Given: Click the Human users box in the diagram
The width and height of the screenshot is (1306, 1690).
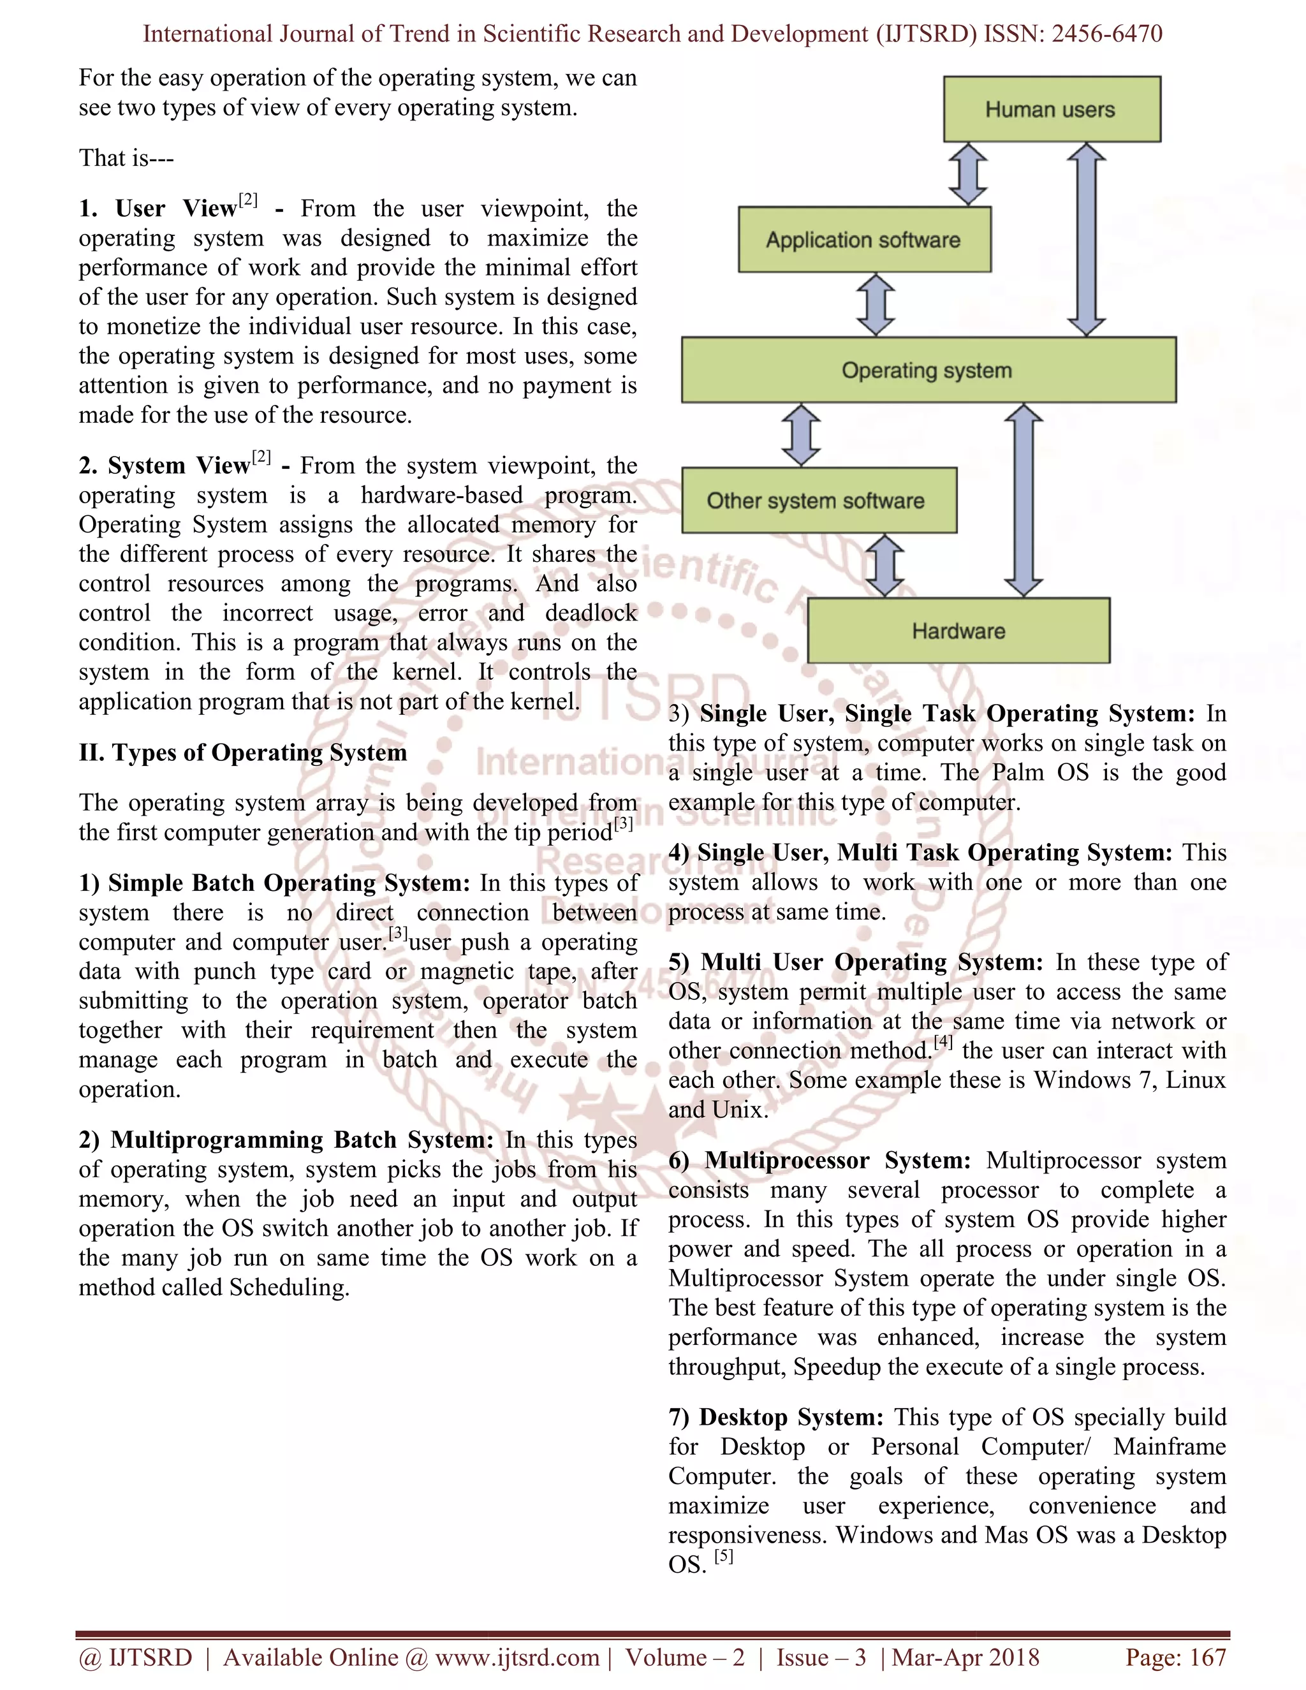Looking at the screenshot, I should [x=1052, y=109].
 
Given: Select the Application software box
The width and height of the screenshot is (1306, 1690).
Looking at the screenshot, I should [x=863, y=239].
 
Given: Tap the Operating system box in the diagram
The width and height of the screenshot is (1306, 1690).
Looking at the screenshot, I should [x=928, y=370].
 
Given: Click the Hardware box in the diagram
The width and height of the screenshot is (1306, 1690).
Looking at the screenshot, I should [x=958, y=631].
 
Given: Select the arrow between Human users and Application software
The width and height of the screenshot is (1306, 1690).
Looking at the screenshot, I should [x=968, y=174].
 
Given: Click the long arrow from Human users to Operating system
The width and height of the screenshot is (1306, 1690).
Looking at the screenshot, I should [x=1086, y=239].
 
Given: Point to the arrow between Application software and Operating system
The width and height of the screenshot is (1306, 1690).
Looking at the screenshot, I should [x=876, y=304].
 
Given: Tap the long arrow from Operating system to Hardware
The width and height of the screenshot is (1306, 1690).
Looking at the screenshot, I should [x=1024, y=500].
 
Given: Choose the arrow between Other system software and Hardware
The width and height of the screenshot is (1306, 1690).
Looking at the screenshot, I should [x=884, y=566].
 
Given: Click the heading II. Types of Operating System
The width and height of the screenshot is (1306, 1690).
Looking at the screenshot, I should [x=242, y=753].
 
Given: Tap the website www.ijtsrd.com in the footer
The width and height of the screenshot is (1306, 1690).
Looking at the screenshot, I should [x=517, y=1657].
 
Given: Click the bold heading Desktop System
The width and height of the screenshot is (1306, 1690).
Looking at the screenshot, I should [x=791, y=1417].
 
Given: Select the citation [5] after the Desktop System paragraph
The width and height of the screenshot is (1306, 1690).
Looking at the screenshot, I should [x=723, y=1555].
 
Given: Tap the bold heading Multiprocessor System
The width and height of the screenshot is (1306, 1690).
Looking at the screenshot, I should [x=837, y=1161].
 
